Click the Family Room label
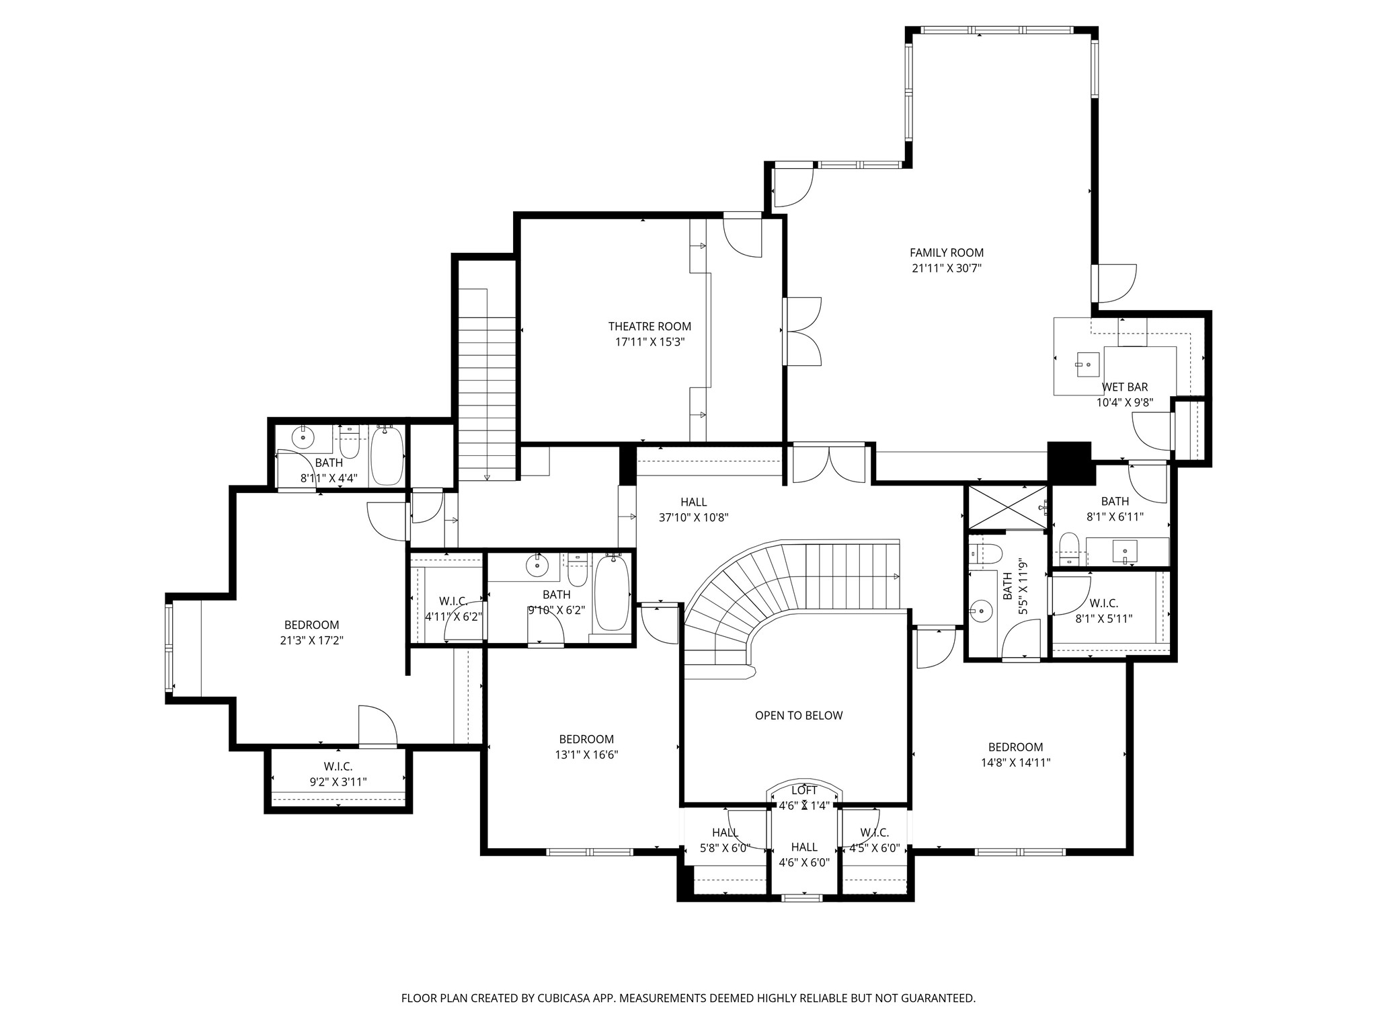pyautogui.click(x=946, y=253)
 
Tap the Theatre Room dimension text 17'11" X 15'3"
pyautogui.click(x=650, y=342)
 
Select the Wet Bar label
pyautogui.click(x=1124, y=387)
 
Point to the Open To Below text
pyautogui.click(x=798, y=716)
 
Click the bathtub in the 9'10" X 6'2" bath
pyautogui.click(x=611, y=592)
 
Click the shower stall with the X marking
pyautogui.click(x=1006, y=507)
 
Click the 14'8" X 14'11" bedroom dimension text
pyautogui.click(x=1015, y=763)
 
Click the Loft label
pyautogui.click(x=804, y=790)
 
